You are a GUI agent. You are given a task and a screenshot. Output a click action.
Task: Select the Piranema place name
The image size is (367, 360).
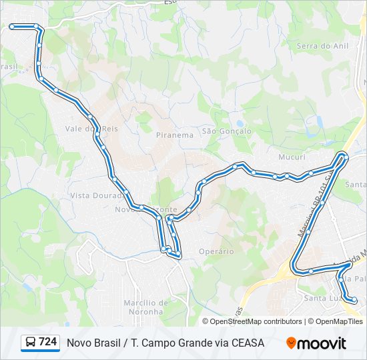tap(174, 135)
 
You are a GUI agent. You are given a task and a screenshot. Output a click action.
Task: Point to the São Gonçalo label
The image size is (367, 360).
tap(226, 131)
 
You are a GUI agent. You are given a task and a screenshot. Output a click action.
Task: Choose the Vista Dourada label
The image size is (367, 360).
tap(93, 196)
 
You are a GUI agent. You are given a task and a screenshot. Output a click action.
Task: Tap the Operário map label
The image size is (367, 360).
tap(216, 251)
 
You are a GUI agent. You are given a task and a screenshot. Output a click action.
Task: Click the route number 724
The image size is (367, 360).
tap(47, 342)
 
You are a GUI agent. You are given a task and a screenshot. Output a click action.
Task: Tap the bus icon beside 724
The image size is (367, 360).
tap(31, 343)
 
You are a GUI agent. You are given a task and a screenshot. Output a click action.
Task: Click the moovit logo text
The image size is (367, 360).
tap(322, 343)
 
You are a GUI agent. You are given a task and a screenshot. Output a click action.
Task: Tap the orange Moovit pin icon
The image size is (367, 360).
tap(291, 343)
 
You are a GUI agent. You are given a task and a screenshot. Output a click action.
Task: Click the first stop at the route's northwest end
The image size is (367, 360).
tap(12, 27)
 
